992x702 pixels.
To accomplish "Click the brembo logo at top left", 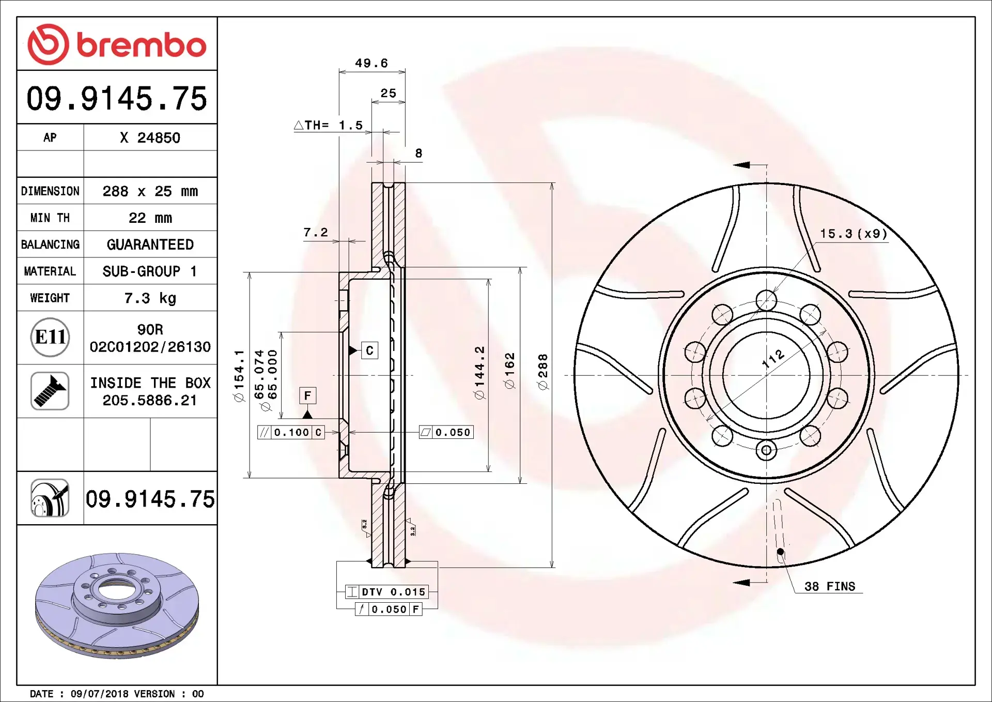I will tap(117, 44).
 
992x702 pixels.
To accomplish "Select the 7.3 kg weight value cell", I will tap(150, 298).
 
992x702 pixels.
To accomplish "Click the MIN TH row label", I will tap(50, 218).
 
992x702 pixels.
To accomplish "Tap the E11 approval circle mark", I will tap(50, 338).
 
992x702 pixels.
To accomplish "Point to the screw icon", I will tap(50, 391).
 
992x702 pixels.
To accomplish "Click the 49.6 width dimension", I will tap(371, 63).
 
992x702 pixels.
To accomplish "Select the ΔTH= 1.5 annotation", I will tap(329, 126).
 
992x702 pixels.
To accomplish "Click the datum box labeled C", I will tap(369, 350).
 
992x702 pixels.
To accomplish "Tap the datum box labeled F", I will tap(308, 396).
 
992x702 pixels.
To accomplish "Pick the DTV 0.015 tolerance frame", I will tap(387, 592).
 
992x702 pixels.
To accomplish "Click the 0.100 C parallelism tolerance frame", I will tap(291, 433).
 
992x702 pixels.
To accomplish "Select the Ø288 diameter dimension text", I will tap(542, 372).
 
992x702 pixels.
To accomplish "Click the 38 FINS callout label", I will tap(829, 587).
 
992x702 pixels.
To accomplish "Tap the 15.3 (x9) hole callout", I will tap(854, 234).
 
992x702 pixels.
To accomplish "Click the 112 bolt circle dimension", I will tap(773, 358).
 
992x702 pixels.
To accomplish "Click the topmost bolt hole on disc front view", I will tap(766, 300).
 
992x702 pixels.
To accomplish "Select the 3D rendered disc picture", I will tap(117, 605).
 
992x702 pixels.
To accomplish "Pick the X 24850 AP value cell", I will tap(150, 138).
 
